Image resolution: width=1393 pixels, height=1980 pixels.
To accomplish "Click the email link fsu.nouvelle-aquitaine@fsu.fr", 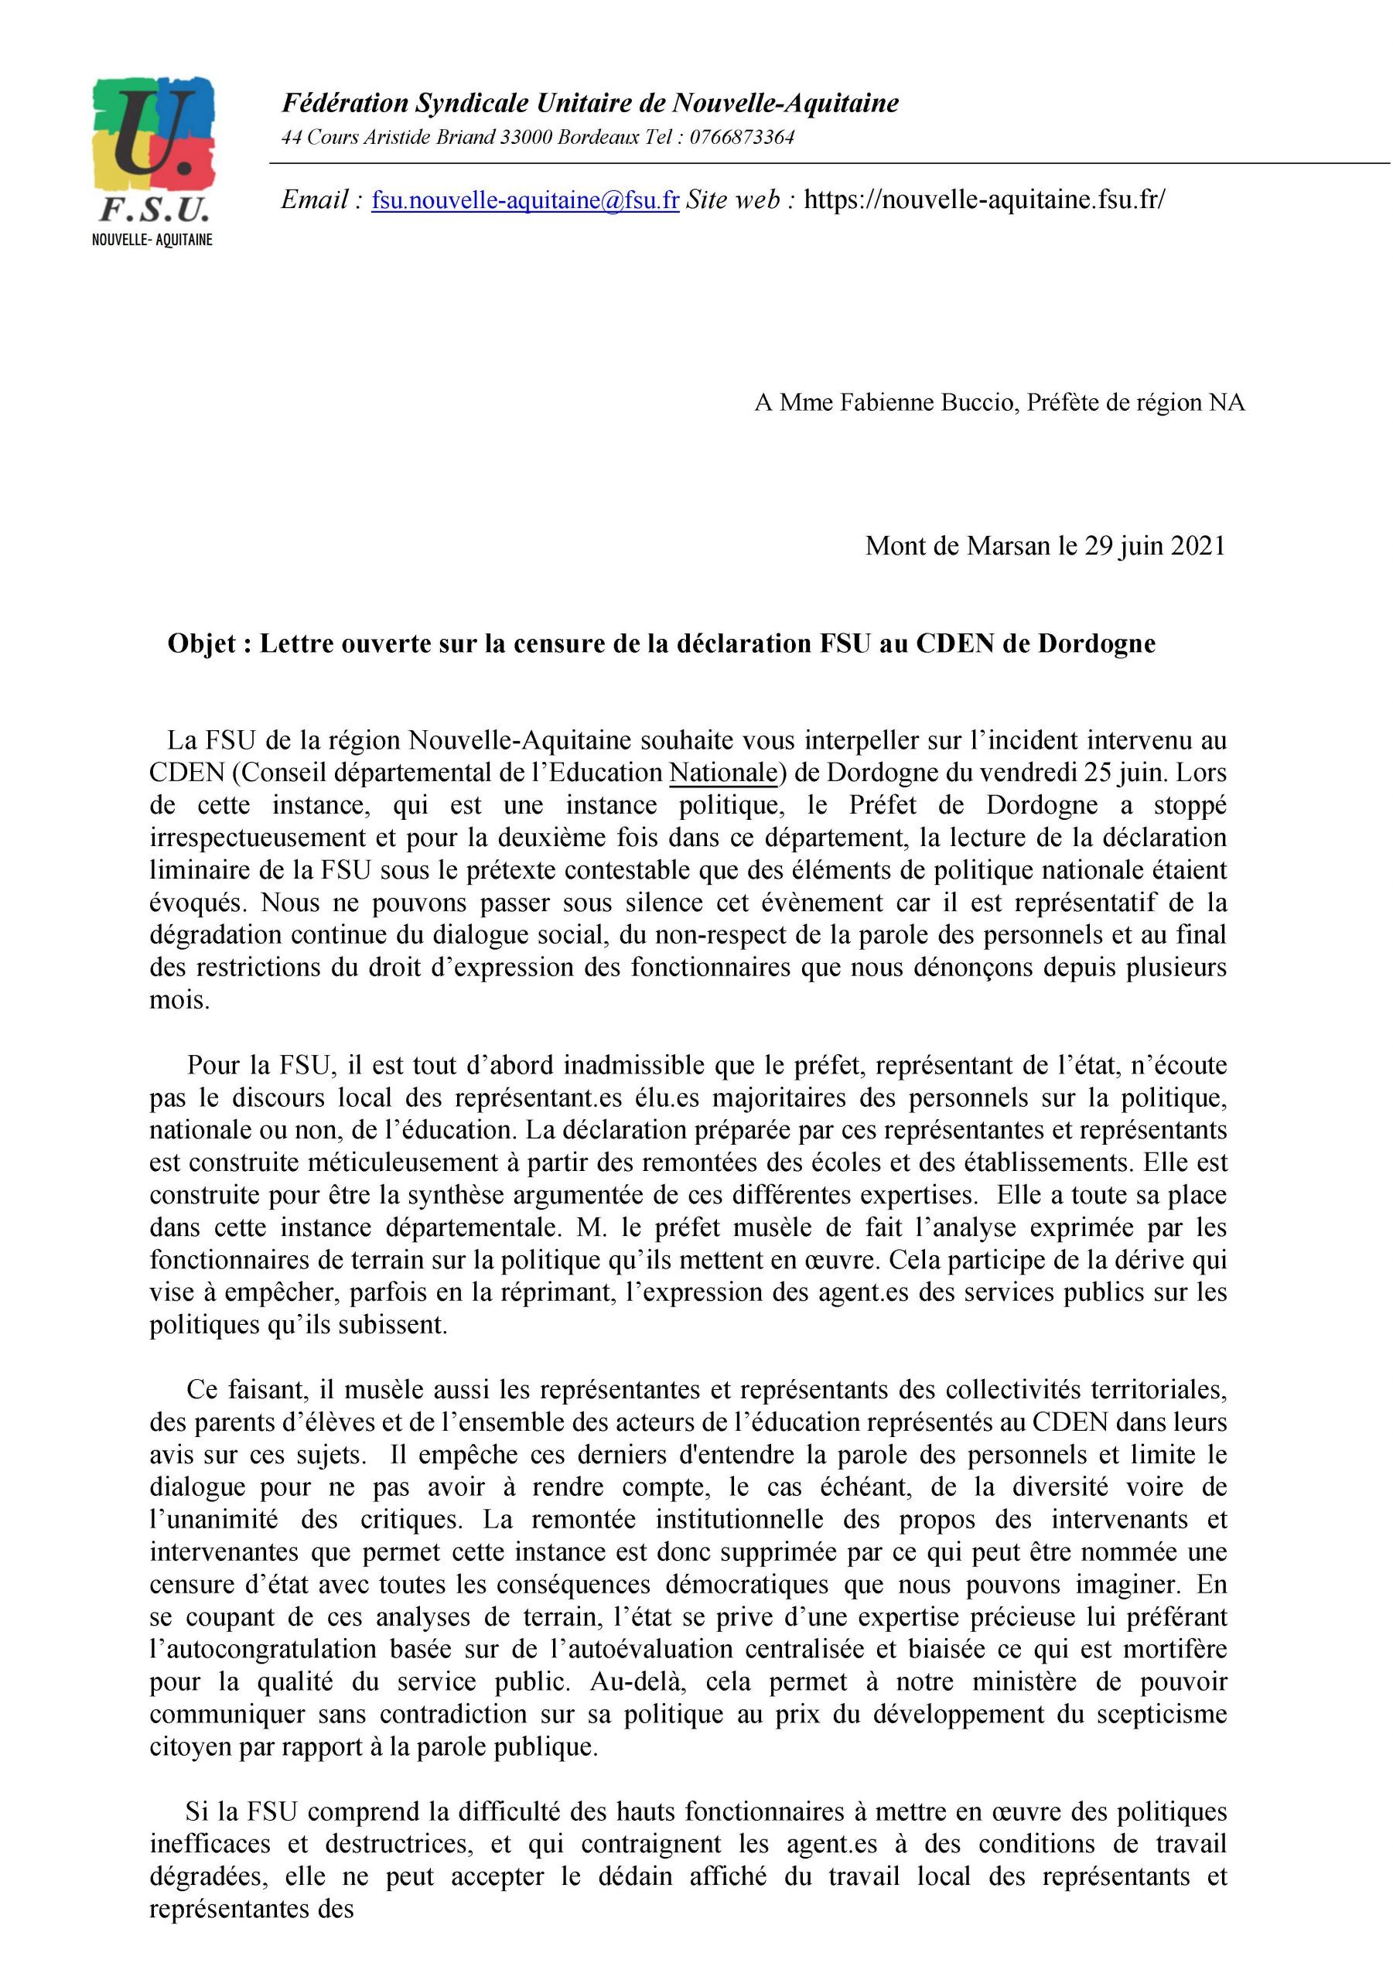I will [524, 201].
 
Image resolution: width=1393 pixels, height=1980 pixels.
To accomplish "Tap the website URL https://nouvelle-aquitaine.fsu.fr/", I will [983, 201].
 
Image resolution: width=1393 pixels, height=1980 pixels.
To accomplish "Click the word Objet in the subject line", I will [201, 644].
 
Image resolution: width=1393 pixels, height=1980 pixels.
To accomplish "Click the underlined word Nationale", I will [723, 773].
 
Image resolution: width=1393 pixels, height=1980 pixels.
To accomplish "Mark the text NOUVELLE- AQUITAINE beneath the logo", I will [152, 240].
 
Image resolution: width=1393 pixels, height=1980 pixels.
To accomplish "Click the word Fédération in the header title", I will [344, 104].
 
